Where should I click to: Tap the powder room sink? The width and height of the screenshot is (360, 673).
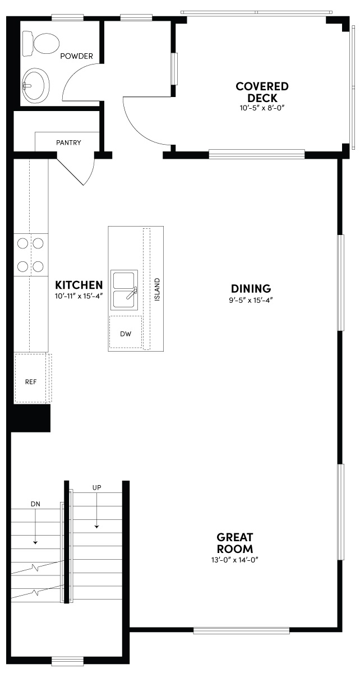click(35, 85)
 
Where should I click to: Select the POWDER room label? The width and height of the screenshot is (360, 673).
click(76, 56)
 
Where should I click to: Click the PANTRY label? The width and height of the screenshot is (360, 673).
click(68, 142)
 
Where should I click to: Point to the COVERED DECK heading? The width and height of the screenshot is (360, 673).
click(262, 92)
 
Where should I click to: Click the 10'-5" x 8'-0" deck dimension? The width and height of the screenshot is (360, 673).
click(262, 107)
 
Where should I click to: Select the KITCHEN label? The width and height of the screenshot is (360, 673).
click(79, 285)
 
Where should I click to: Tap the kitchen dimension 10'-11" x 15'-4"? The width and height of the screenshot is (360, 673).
click(79, 296)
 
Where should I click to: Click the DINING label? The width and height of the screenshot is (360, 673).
click(251, 289)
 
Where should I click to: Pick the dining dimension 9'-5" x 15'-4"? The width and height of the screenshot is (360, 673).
click(251, 299)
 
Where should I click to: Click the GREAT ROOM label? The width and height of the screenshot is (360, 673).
click(236, 542)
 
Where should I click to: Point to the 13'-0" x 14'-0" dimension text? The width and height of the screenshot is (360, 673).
click(236, 560)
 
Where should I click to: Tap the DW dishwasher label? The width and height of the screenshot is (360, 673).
click(126, 334)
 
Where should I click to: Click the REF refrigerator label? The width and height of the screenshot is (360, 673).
click(30, 381)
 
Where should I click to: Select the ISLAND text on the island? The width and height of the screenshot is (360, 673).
click(158, 289)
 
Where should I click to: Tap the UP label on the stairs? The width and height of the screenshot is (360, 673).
click(96, 487)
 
